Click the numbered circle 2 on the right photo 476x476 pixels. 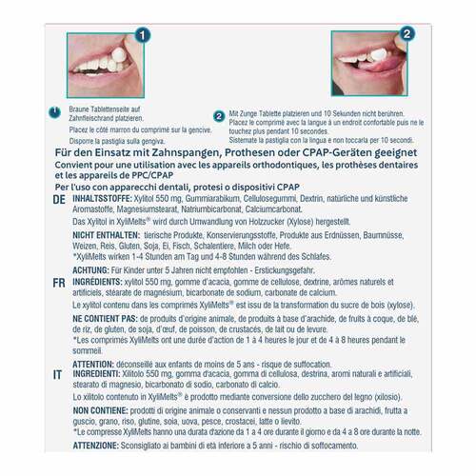pyautogui.click(x=406, y=31)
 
